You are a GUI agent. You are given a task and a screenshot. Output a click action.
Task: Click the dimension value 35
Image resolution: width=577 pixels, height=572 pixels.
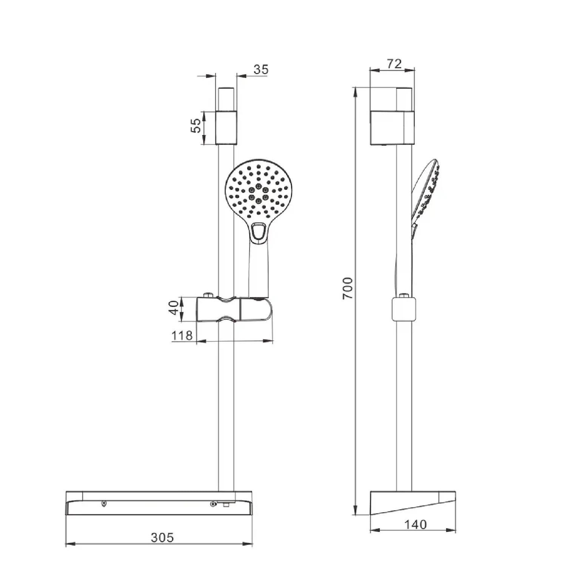[x=261, y=69]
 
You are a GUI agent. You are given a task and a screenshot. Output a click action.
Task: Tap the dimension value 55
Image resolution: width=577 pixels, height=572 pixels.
[x=196, y=126]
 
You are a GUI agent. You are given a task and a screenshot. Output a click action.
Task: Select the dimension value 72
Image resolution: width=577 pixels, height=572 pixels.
[x=394, y=63]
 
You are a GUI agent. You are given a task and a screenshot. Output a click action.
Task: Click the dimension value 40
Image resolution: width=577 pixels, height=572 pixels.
[x=173, y=308]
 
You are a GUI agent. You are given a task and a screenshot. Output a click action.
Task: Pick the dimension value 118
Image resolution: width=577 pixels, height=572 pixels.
[x=182, y=335]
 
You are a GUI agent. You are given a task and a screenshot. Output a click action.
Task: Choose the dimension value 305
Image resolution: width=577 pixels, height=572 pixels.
[x=162, y=537]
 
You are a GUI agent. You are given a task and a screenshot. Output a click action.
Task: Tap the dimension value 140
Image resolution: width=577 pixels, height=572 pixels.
[x=415, y=524]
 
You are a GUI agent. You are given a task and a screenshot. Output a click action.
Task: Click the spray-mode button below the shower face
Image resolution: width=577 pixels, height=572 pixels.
[x=259, y=231]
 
